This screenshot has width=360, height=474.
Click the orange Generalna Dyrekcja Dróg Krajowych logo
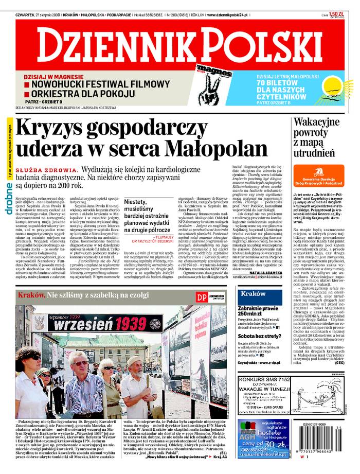(x=318, y=177)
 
